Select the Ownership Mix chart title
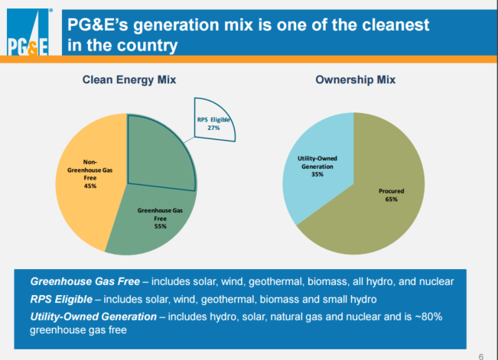point(356,79)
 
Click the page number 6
point(480,355)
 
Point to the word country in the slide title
point(145,45)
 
